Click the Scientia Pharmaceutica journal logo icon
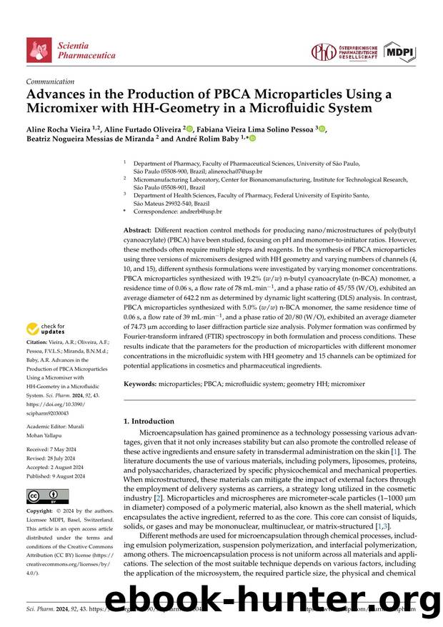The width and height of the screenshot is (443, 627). (x=39, y=51)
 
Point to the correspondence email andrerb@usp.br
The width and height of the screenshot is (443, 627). (x=199, y=212)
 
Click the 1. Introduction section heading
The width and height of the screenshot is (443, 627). (x=149, y=421)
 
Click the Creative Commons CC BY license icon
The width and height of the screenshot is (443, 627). (x=47, y=496)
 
